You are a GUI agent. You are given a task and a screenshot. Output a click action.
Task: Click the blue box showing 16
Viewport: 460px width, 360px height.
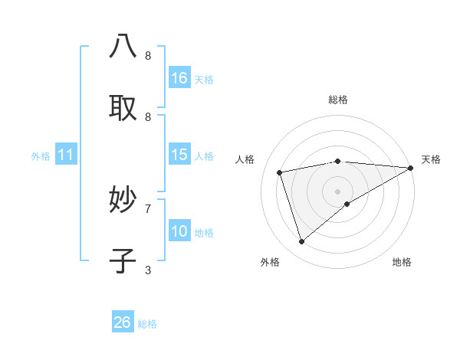[179, 78]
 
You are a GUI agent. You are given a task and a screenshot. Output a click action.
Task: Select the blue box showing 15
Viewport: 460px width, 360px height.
[179, 155]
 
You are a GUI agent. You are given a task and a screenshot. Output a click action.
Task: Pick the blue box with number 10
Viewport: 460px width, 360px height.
[179, 231]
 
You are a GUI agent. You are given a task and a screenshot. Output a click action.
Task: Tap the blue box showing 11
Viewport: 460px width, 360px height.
[66, 155]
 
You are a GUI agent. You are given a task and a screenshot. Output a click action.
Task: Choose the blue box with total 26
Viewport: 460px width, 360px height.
[123, 322]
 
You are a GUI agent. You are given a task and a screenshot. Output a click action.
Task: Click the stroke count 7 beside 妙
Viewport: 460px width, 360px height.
[148, 208]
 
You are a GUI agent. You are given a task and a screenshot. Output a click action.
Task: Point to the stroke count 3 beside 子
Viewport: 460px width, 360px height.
[148, 270]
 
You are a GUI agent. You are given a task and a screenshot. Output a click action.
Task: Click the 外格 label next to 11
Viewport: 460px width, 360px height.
[41, 156]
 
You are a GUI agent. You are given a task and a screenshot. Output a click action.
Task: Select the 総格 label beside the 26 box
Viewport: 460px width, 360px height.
[147, 324]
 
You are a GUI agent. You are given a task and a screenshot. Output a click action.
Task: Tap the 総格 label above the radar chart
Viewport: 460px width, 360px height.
[337, 100]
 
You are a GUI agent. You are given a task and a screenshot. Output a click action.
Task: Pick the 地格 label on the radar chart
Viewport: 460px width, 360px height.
[402, 262]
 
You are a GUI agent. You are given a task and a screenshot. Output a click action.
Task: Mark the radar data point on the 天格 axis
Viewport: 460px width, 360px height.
[411, 167]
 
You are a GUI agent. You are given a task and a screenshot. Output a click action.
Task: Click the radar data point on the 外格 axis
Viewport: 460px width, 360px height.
[302, 241]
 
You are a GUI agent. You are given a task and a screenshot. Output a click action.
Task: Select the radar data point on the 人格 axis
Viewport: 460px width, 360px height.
[280, 172]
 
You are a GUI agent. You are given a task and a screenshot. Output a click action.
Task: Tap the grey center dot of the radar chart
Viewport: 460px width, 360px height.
[337, 191]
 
